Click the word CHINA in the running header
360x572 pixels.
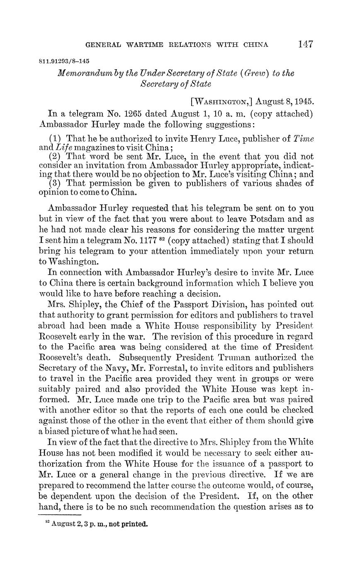coord(257,45)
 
